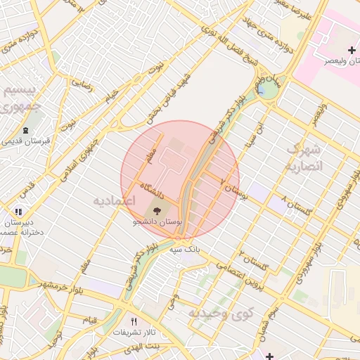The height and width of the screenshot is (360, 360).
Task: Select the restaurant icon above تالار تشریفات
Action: coord(134,321)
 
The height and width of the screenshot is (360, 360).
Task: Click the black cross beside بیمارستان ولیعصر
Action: coord(352,50)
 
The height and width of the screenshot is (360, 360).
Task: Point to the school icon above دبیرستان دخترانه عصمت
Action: coord(19,211)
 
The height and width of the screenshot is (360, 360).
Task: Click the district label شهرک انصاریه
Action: coord(304,158)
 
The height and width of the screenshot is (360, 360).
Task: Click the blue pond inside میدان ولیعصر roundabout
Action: coord(262,89)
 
